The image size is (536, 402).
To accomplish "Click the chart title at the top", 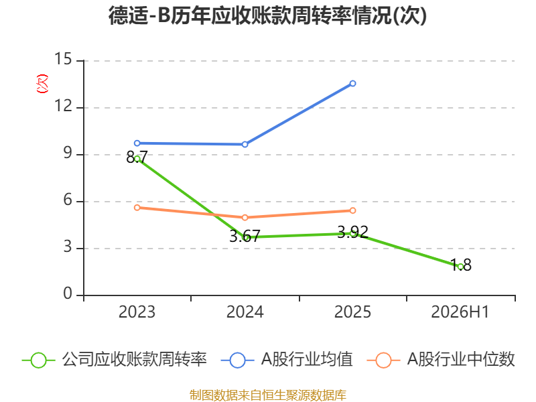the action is (x=267, y=15).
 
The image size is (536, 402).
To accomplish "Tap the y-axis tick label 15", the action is (x=63, y=59).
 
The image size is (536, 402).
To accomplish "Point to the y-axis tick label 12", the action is (x=63, y=106).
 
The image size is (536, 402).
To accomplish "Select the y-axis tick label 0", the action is (x=68, y=293).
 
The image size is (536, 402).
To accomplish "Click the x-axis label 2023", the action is (x=137, y=312).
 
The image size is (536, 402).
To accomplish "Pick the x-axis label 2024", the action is (x=245, y=312).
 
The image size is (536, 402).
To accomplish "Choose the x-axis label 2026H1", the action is (x=460, y=312).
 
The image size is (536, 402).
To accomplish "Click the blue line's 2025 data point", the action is (x=353, y=83).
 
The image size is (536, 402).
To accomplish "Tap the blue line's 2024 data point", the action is (x=245, y=145).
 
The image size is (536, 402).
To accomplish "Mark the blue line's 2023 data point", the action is (x=137, y=143).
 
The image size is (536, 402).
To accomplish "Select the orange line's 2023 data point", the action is (x=137, y=208).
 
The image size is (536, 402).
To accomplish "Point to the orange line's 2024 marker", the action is (x=245, y=217).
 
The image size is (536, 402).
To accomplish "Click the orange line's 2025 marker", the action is (x=353, y=210).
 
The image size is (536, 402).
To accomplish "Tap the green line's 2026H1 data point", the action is (x=460, y=267).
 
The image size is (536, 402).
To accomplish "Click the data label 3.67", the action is (x=245, y=237).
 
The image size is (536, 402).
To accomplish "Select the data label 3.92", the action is (x=353, y=232).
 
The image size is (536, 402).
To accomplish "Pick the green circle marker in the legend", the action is (x=38, y=360).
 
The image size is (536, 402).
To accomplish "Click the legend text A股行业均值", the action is (x=307, y=360).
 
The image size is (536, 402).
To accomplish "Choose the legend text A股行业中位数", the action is (x=461, y=360).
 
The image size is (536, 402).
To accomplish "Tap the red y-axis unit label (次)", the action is (x=42, y=84).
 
